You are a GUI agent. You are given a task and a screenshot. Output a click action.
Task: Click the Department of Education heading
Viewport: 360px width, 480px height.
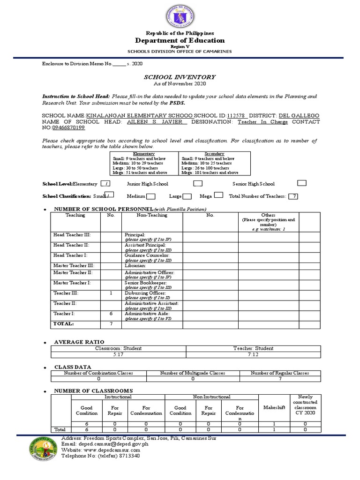(180, 40)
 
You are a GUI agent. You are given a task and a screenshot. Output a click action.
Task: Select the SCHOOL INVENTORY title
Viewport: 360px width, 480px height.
(180, 77)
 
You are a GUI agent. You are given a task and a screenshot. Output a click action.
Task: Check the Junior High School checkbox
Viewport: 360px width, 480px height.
(198, 183)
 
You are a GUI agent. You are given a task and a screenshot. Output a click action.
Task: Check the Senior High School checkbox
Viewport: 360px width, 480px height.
(302, 183)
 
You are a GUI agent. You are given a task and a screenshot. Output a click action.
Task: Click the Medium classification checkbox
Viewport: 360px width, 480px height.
(151, 196)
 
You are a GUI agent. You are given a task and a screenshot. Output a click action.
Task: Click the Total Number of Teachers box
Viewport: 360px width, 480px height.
(293, 196)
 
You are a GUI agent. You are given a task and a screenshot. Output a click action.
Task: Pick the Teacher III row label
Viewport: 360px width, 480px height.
(66, 293)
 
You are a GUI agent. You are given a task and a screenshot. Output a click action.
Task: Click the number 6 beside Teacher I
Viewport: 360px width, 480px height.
(111, 314)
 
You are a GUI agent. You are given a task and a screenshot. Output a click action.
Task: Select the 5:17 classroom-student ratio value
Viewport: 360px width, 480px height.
(119, 354)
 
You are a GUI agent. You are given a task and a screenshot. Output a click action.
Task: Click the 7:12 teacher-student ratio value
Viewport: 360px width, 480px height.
(253, 354)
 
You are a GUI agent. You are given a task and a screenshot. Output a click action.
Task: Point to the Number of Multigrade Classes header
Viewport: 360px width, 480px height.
(193, 373)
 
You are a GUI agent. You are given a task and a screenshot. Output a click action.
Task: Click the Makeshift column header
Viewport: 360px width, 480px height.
(274, 408)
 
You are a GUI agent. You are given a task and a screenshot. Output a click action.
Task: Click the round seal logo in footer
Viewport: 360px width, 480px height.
(38, 449)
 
